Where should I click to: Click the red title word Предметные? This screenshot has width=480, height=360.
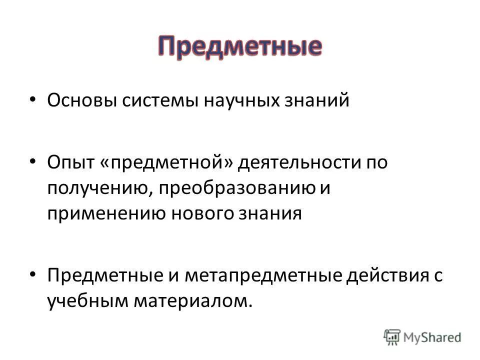[x=240, y=48]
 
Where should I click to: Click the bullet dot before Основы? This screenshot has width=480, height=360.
[x=32, y=99]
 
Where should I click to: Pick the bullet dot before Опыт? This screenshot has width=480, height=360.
[x=32, y=161]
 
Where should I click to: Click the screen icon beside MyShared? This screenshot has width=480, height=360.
[x=393, y=336]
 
